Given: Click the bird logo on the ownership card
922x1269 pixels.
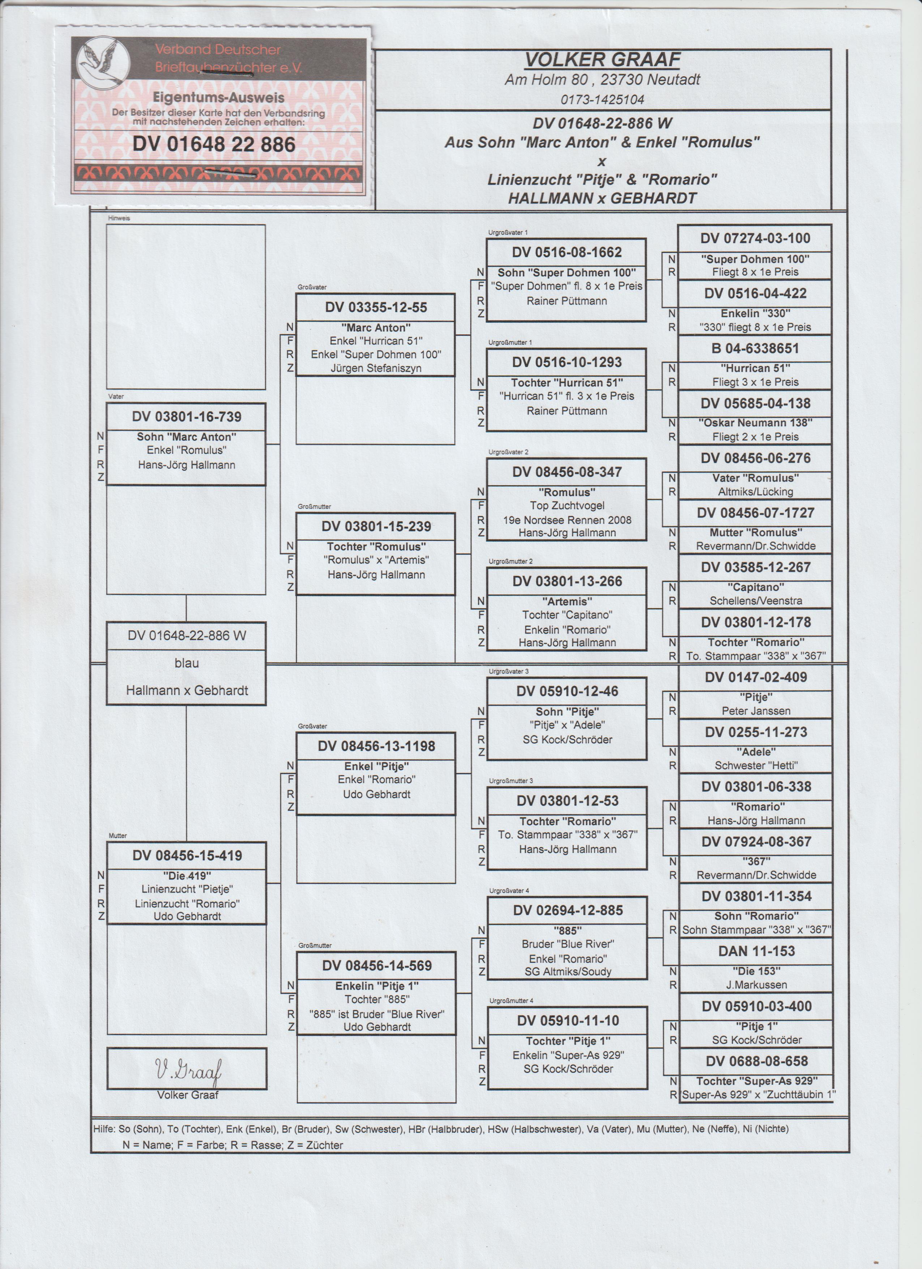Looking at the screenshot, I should (103, 60).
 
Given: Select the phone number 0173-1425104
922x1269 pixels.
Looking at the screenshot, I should (602, 100).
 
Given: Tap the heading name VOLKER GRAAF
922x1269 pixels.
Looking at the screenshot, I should (602, 59).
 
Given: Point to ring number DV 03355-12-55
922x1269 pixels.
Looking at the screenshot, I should (376, 307).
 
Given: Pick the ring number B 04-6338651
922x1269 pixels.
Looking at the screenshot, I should (755, 348).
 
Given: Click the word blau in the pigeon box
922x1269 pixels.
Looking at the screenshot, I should (186, 663).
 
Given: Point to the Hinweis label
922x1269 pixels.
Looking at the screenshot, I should (119, 218).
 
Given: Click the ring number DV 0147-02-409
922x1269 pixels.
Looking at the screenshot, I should (755, 677).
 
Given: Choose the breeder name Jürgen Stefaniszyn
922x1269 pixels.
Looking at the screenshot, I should (376, 368).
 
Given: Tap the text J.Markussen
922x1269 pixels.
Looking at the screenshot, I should (756, 985).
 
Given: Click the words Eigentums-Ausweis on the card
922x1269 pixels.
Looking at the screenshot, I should (219, 97).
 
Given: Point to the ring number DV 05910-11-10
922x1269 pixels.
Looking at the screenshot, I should (568, 1020).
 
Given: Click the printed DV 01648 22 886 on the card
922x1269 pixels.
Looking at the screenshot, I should (214, 144).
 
